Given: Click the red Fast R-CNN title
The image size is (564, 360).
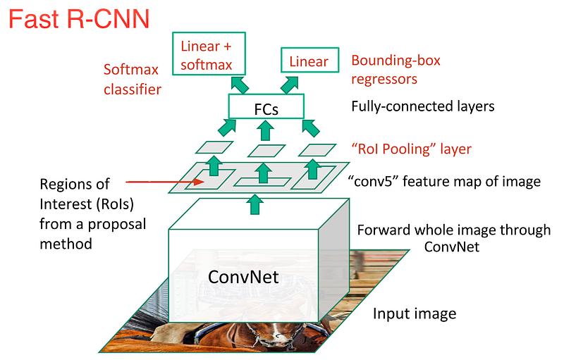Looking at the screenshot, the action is pyautogui.click(x=79, y=19).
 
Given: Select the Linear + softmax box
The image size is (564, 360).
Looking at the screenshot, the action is pyautogui.click(x=209, y=54).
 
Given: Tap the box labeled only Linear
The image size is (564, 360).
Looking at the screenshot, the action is pyautogui.click(x=309, y=60).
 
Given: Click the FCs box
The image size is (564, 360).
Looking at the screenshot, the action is pyautogui.click(x=266, y=106).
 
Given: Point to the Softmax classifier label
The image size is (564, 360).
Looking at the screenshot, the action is pyautogui.click(x=133, y=80).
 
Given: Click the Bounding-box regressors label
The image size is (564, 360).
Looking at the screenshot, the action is pyautogui.click(x=396, y=70).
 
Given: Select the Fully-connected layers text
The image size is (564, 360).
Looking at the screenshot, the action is pyautogui.click(x=422, y=106).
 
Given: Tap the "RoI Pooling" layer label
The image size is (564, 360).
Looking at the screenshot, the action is pyautogui.click(x=411, y=149).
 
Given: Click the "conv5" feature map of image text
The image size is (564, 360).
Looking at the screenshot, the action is pyautogui.click(x=445, y=182).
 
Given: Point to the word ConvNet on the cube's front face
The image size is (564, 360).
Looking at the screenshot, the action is pyautogui.click(x=243, y=277).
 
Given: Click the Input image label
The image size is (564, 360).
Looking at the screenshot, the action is pyautogui.click(x=415, y=314).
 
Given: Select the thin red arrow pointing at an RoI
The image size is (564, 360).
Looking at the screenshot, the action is pyautogui.click(x=165, y=182).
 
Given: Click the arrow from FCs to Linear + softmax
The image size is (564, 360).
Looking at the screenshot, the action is pyautogui.click(x=240, y=85).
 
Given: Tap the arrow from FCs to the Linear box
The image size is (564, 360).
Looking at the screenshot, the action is pyautogui.click(x=290, y=85).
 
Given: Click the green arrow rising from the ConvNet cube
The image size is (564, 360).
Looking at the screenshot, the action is pyautogui.click(x=255, y=204).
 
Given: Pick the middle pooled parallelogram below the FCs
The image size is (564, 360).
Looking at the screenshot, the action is pyautogui.click(x=266, y=151).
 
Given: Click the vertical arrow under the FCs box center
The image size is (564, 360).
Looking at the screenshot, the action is pyautogui.click(x=266, y=130).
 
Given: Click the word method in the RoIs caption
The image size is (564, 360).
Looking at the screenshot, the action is pyautogui.click(x=66, y=244).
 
